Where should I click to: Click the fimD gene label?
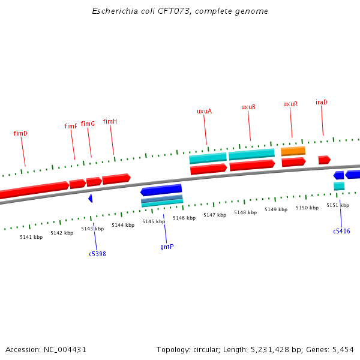click(20, 133)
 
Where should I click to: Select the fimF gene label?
click(71, 126)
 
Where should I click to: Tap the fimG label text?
click(88, 124)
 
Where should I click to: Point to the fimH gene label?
click(110, 121)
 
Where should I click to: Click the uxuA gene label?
click(204, 111)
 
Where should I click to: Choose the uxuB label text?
click(248, 107)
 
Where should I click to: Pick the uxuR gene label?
click(290, 104)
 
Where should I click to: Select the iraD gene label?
click(322, 102)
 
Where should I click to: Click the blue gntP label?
click(167, 247)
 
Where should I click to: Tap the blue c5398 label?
click(97, 254)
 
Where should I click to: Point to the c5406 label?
click(341, 231)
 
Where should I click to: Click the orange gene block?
click(293, 151)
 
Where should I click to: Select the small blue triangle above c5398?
click(91, 198)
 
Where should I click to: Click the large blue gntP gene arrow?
click(161, 190)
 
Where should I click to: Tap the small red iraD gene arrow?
click(324, 160)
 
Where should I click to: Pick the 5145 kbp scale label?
click(153, 221)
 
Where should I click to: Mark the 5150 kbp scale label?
click(307, 208)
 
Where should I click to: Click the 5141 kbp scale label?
click(31, 237)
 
